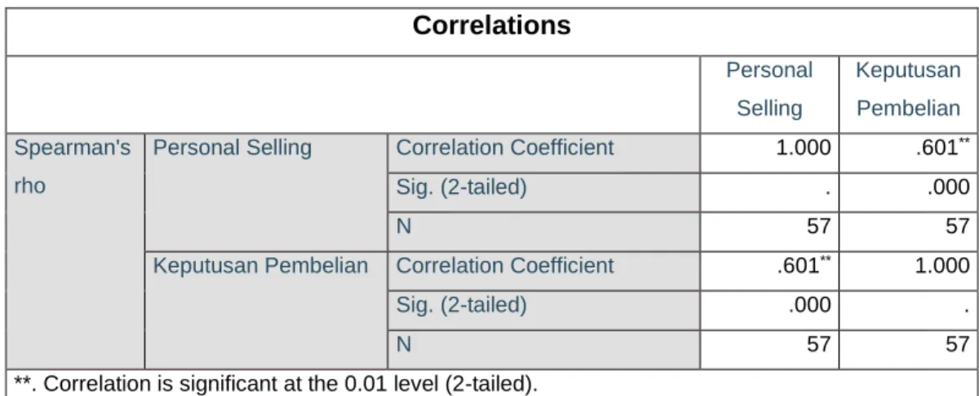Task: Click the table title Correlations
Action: click(492, 25)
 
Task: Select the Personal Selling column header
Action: click(769, 89)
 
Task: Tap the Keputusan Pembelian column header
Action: click(908, 89)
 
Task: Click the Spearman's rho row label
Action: click(72, 167)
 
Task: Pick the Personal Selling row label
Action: click(232, 148)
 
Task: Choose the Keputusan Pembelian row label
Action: click(260, 265)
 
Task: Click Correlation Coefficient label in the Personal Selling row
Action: click(505, 148)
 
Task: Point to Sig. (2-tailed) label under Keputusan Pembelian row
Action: click(461, 305)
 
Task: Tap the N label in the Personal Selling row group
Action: click(403, 226)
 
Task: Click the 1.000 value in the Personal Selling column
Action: click(804, 148)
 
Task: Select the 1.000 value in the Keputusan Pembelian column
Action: click(942, 265)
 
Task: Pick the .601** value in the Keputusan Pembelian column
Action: click(943, 147)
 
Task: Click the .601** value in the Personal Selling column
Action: click(804, 265)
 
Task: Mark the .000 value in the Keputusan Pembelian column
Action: click(948, 187)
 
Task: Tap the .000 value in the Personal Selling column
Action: click(809, 305)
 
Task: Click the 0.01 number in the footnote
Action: click(365, 384)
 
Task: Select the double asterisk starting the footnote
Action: click(22, 380)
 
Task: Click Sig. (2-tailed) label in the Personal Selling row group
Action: click(461, 187)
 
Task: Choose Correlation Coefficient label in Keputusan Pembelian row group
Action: click(505, 265)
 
